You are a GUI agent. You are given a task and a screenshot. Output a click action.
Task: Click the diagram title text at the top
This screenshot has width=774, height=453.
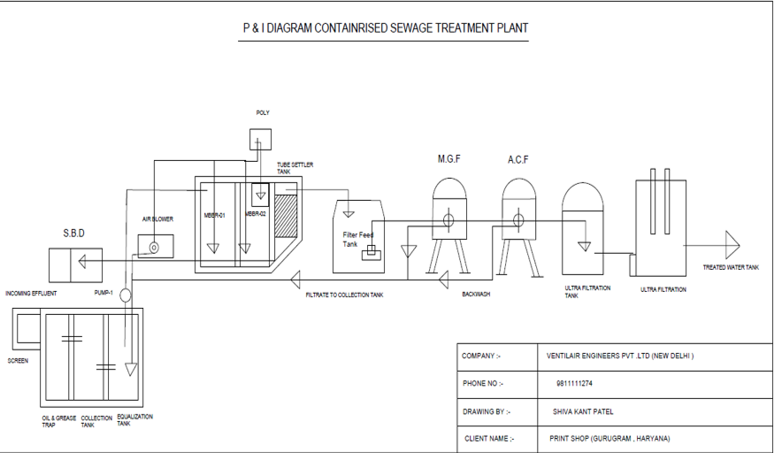386,27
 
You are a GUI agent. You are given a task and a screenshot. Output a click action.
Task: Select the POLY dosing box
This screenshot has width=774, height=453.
260,138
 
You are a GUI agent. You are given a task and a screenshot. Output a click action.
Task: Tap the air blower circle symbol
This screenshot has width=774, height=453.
155,248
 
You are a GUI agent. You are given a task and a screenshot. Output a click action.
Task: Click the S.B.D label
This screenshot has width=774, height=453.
74,233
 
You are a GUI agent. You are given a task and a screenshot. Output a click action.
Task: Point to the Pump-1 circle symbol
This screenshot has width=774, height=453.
125,294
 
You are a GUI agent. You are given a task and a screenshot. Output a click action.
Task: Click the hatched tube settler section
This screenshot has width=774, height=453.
285,216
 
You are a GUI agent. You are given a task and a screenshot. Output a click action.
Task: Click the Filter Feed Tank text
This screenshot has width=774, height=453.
357,239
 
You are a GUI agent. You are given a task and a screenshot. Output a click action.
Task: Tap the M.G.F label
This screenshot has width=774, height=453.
449,159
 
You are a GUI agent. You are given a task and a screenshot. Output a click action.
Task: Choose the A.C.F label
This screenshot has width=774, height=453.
517,159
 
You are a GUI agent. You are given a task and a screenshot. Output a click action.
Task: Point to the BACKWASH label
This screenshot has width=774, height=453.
476,294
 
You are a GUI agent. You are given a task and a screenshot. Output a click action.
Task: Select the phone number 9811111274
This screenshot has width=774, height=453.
575,383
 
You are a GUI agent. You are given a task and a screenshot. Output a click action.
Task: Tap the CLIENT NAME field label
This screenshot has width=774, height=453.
487,438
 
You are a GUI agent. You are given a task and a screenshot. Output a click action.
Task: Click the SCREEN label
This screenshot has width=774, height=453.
18,361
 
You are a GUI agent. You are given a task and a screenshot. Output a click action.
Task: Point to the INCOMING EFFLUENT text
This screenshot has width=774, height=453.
31,293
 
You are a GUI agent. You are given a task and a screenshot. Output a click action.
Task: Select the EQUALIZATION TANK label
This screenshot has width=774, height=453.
135,419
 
